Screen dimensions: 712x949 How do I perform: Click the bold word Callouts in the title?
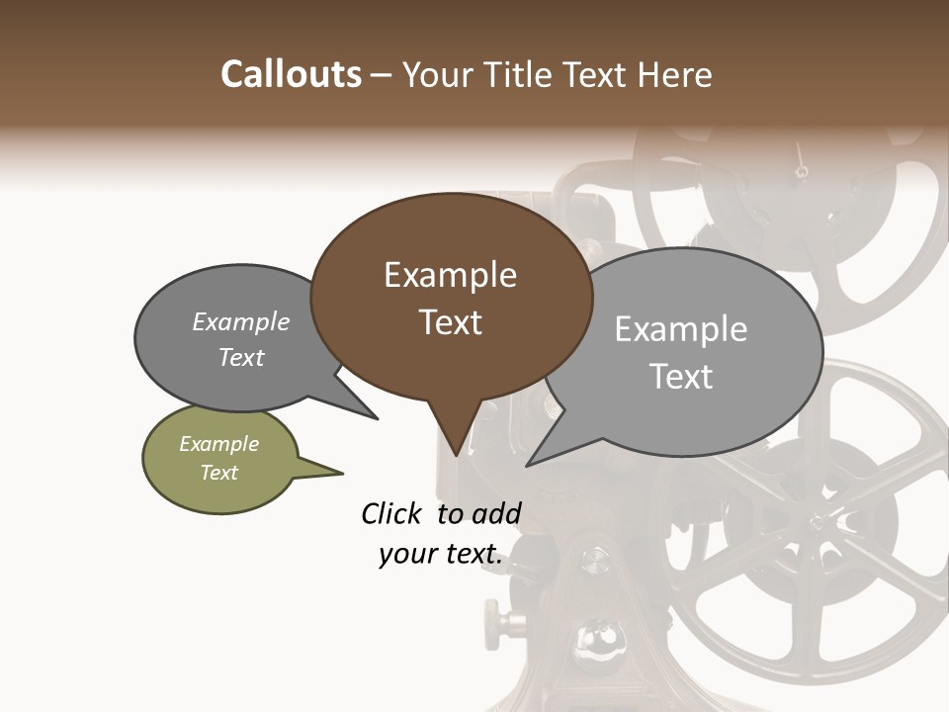click(x=291, y=74)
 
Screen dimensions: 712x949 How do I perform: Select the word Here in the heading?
click(x=674, y=74)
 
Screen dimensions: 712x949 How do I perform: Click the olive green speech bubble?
click(x=219, y=459)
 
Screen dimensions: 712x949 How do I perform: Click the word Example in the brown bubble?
click(x=450, y=275)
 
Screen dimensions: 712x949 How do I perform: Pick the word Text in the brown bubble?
click(x=450, y=322)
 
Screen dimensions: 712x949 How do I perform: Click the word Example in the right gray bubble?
click(x=681, y=329)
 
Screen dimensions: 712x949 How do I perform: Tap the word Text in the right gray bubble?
click(x=681, y=377)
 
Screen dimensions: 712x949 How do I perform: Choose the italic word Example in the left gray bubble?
click(x=241, y=322)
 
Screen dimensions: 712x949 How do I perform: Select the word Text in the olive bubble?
click(x=219, y=473)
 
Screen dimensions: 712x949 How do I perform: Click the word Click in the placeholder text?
click(x=393, y=513)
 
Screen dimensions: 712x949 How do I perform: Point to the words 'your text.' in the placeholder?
click(x=441, y=555)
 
